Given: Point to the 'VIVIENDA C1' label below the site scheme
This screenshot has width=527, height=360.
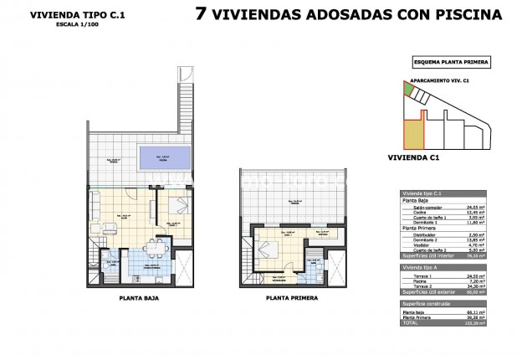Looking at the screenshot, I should point(414,156).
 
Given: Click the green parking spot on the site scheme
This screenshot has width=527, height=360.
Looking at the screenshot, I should point(408,89).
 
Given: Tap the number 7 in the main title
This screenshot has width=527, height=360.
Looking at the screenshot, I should point(201,13).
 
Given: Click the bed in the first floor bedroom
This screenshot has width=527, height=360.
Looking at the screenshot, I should point(266,249).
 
